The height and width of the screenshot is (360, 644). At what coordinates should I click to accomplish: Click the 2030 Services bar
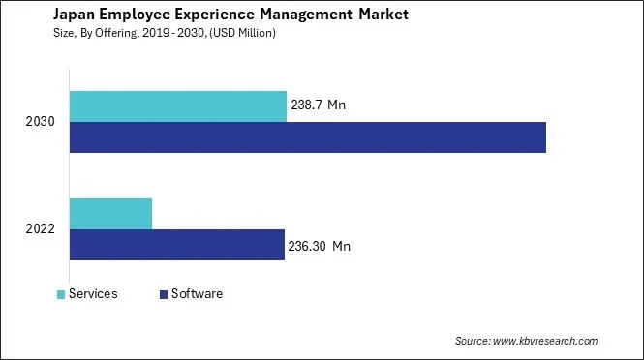coord(178,106)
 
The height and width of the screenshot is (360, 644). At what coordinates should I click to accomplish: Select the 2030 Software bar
coord(308,137)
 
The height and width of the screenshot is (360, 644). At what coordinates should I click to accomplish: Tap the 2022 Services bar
coord(110,213)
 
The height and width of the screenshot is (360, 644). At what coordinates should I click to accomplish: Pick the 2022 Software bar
coord(176,245)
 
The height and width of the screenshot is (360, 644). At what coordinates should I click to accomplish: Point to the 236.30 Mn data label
coord(319,246)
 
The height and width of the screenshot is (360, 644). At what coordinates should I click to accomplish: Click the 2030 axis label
coord(42,122)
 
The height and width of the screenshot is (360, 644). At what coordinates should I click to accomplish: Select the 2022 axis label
coord(42,229)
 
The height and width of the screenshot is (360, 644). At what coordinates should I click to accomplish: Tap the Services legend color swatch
coord(62,294)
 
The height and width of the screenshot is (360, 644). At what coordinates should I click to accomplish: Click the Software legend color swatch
coord(164,294)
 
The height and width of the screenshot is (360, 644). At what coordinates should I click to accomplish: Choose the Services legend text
coord(94,294)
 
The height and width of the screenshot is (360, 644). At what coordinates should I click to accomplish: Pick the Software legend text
coord(197,294)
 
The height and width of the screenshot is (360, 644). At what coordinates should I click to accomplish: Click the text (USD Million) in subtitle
coord(243,34)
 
